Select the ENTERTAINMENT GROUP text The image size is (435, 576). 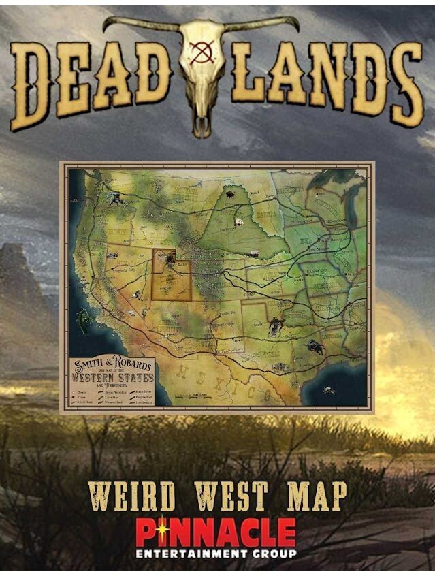tap(216, 554)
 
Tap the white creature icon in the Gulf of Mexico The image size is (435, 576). tap(329, 389)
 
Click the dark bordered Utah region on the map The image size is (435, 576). tap(170, 276)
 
